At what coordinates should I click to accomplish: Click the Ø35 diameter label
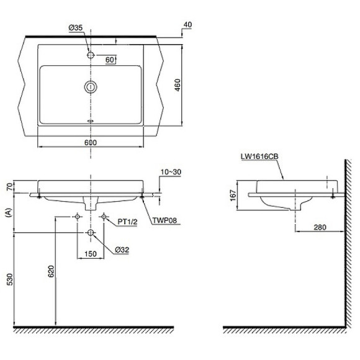pos(75,28)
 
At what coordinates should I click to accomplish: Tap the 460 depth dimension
pos(178,85)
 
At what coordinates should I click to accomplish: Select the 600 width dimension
pos(91,143)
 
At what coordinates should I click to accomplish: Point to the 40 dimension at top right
pos(188,25)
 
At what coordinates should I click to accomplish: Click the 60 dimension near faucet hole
pos(109,60)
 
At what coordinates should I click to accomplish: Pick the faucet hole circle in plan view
pos(91,55)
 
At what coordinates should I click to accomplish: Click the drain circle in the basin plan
pos(91,87)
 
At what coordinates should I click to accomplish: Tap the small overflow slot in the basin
pos(91,121)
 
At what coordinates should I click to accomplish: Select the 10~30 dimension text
pos(171,172)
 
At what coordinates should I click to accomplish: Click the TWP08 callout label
pos(165,220)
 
